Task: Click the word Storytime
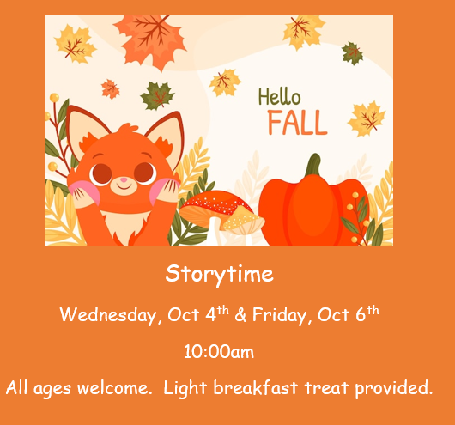220,274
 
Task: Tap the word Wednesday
108,315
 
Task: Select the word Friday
279,315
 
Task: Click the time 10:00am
219,352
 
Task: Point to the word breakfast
256,387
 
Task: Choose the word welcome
113,388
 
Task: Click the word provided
394,388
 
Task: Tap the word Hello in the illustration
280,97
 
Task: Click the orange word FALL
297,123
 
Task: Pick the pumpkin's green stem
314,164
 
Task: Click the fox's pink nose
124,180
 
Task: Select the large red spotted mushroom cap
215,204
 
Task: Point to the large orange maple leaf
150,40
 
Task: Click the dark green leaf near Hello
352,53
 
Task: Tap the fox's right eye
145,173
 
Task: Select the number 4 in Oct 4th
210,314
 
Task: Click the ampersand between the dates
240,315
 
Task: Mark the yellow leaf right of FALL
367,118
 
